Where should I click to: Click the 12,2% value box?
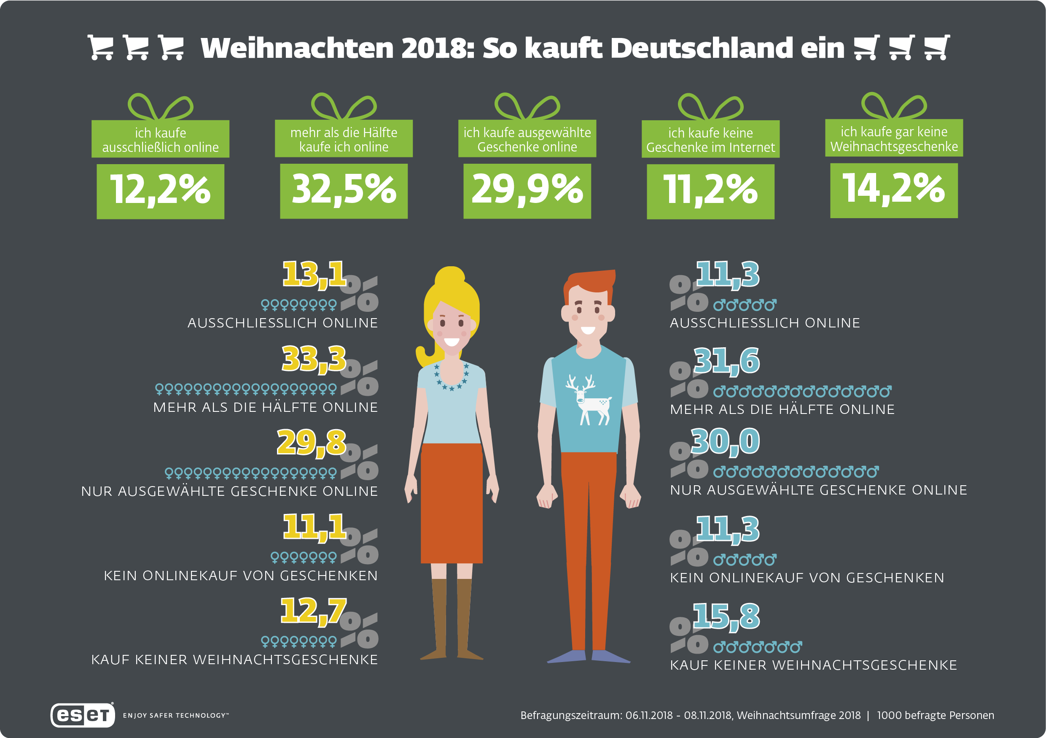tap(160, 191)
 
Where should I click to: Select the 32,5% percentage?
tap(344, 191)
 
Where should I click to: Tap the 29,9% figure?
tap(527, 191)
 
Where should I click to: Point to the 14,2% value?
tap(894, 190)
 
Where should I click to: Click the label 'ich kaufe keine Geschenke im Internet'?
tap(710, 140)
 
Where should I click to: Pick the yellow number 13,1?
tap(315, 274)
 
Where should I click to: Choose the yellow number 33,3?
tap(314, 359)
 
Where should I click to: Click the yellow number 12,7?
tap(313, 611)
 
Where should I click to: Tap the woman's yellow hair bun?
tap(450, 276)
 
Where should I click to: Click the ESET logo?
tap(83, 715)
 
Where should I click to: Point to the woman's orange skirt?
tap(452, 501)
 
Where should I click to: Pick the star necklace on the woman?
tap(452, 378)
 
